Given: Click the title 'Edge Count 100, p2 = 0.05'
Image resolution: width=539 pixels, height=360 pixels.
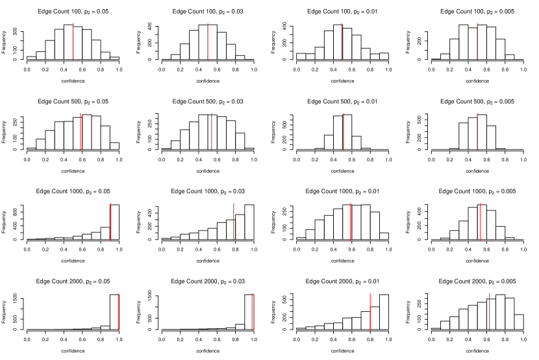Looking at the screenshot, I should point(73,12).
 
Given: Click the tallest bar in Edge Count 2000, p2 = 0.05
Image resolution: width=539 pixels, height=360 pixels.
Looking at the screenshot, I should point(114,312).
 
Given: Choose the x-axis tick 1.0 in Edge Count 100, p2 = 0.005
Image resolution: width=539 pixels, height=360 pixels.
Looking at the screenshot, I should point(523,68).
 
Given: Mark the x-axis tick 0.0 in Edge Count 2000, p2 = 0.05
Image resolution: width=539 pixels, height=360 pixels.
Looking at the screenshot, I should point(27,339).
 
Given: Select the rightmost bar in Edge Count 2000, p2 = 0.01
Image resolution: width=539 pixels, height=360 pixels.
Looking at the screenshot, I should point(384,312).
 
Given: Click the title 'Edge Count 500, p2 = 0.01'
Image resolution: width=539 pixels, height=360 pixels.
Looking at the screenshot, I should point(342,101).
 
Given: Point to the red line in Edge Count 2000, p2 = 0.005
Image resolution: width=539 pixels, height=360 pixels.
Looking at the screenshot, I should point(489,312).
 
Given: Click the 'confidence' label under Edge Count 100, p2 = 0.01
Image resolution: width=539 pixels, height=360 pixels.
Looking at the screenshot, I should point(342,81).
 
